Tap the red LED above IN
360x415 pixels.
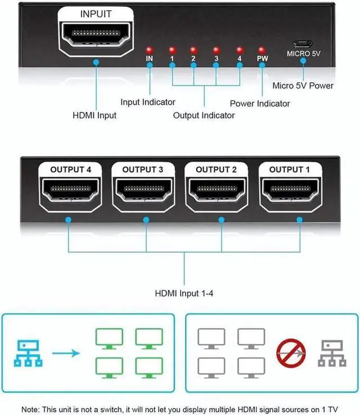pyautogui.click(x=149, y=50)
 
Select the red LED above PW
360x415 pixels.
pyautogui.click(x=262, y=50)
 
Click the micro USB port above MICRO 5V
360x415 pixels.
pyautogui.click(x=303, y=43)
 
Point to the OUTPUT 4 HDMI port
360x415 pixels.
pyautogui.click(x=70, y=190)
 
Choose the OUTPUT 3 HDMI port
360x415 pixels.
pyautogui.click(x=143, y=190)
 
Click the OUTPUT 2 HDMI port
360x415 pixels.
pyautogui.click(x=217, y=190)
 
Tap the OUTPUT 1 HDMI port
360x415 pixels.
pyautogui.click(x=290, y=190)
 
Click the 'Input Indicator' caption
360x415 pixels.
pyautogui.click(x=148, y=102)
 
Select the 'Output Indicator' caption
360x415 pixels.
pyautogui.click(x=204, y=115)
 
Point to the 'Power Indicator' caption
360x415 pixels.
pyautogui.click(x=260, y=104)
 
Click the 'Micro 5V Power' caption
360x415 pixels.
pyautogui.click(x=303, y=86)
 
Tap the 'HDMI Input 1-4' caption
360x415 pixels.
pyautogui.click(x=184, y=293)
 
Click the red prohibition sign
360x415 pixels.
pyautogui.click(x=291, y=353)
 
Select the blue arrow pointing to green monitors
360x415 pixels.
pyautogui.click(x=66, y=353)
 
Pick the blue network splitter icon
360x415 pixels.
pyautogui.click(x=28, y=353)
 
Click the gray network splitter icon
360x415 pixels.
pyautogui.click(x=332, y=353)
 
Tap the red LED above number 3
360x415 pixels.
pyautogui.click(x=216, y=50)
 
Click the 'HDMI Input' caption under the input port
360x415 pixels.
pyautogui.click(x=94, y=115)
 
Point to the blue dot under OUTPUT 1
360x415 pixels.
pyautogui.click(x=299, y=220)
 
